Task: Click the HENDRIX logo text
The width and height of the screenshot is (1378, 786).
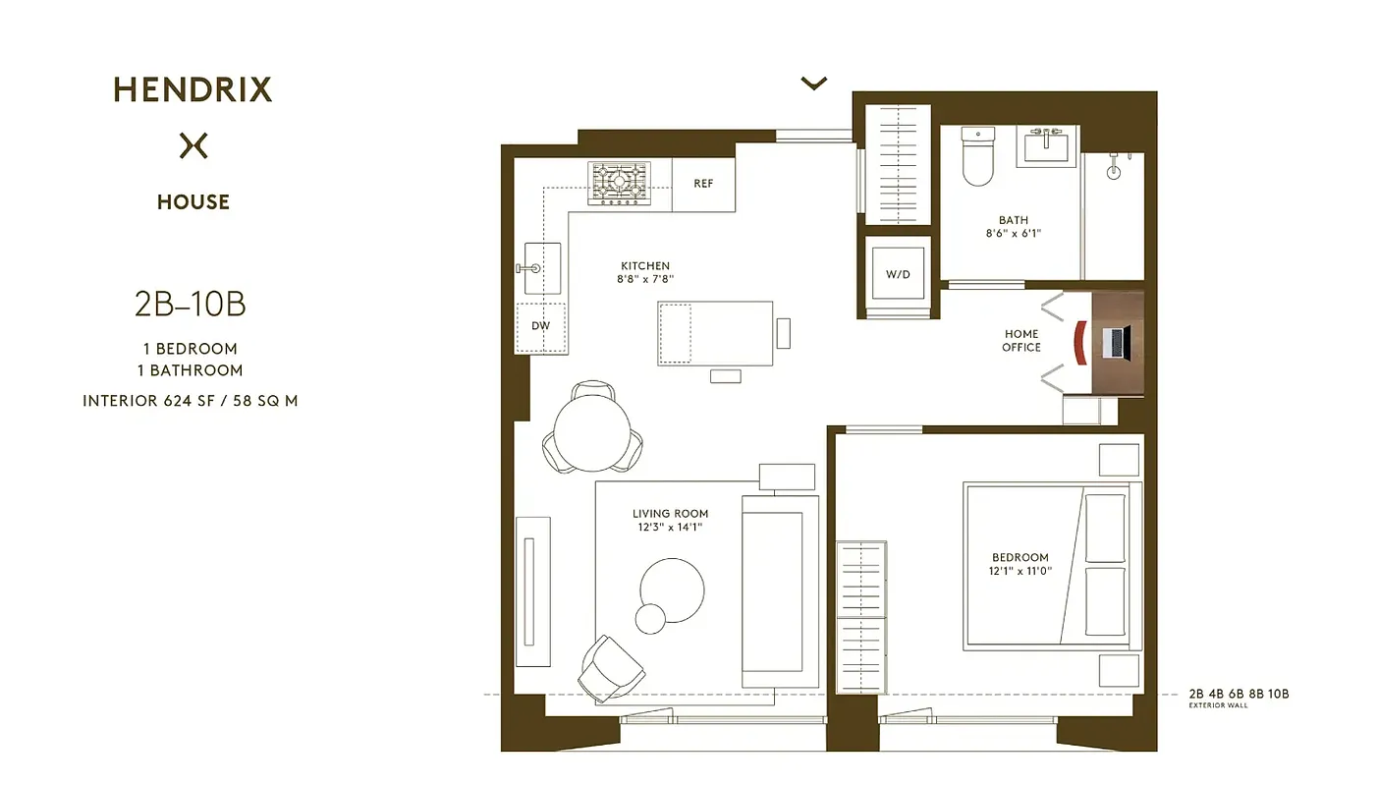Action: [193, 90]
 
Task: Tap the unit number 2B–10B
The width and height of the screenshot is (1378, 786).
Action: [190, 305]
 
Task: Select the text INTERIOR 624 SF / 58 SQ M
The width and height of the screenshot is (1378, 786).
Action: [190, 401]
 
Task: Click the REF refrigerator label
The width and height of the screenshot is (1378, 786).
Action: [703, 184]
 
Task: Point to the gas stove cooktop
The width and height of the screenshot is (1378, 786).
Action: [619, 184]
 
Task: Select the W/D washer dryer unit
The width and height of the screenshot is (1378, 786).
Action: [898, 275]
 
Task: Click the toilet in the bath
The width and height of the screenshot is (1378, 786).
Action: [978, 157]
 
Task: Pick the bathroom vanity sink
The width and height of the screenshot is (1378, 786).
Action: [1048, 147]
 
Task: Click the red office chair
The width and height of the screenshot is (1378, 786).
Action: [1080, 342]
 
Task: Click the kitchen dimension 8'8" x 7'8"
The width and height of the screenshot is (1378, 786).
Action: [645, 279]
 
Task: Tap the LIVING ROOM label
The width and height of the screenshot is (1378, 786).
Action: [670, 514]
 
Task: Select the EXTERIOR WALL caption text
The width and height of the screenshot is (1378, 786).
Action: [1218, 705]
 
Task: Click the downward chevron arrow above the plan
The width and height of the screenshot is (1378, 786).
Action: [813, 84]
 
